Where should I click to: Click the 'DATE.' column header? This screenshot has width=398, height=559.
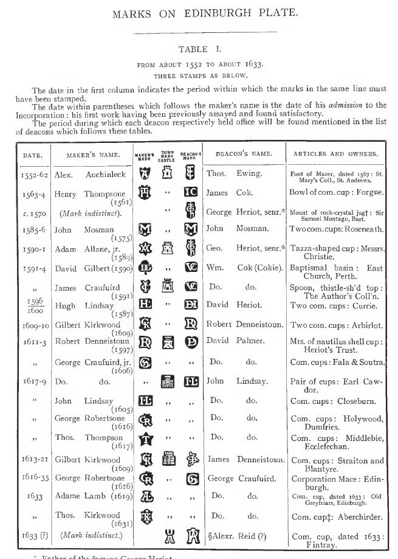tap(32, 155)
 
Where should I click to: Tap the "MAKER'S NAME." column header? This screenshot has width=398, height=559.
tap(91, 155)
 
